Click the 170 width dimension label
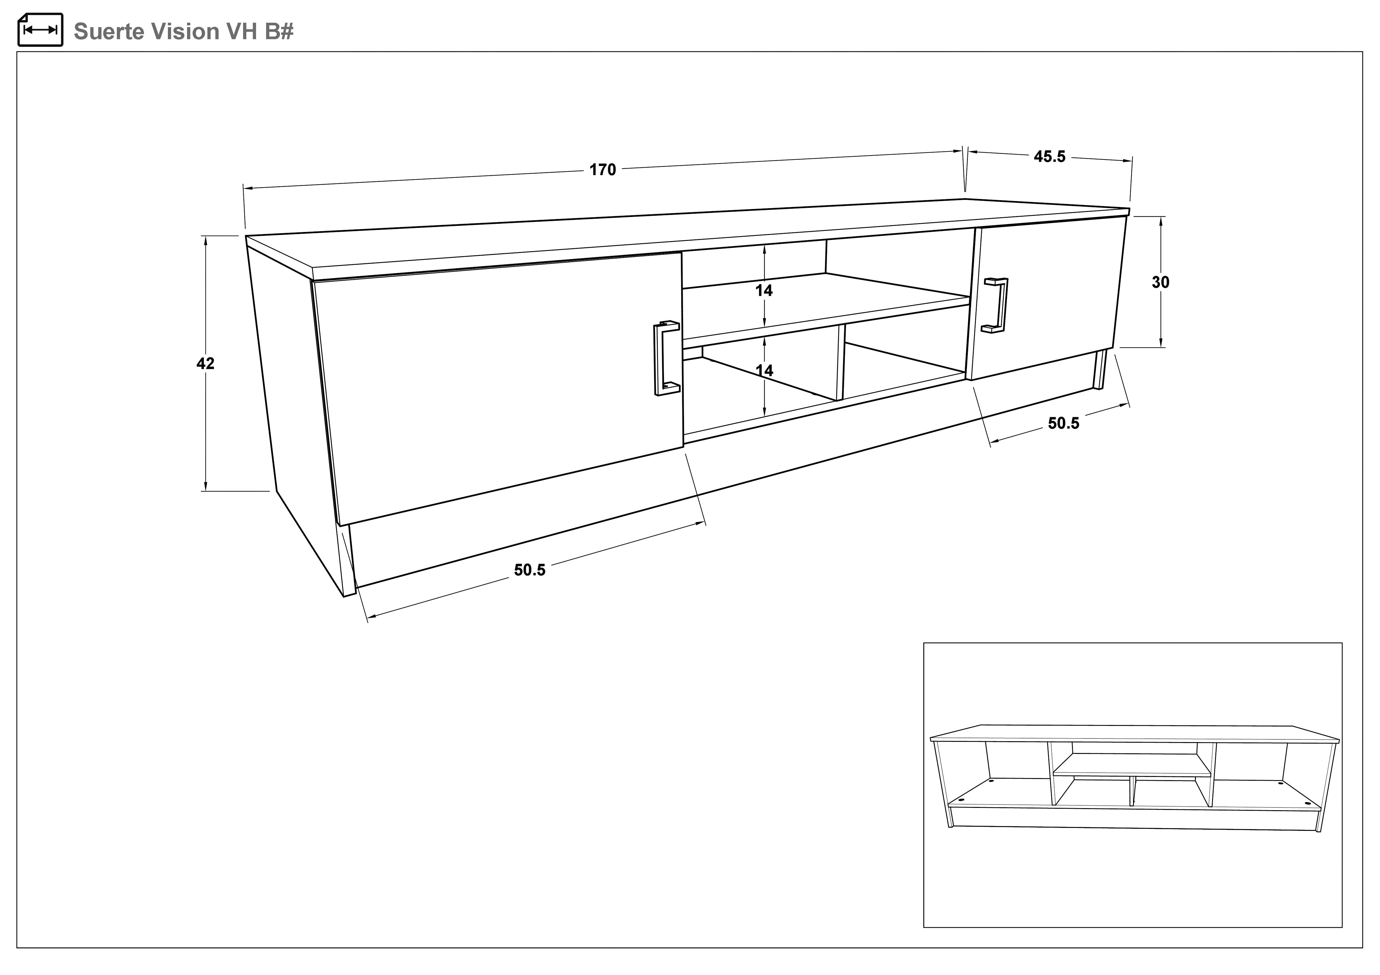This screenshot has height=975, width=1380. (602, 170)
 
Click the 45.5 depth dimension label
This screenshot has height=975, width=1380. (1050, 157)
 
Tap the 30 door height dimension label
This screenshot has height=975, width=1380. (1160, 282)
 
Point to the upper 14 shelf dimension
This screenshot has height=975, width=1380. (764, 291)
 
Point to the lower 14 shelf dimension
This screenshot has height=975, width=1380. (764, 371)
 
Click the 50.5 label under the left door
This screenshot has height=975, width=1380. (530, 570)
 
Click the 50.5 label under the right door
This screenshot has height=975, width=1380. (1063, 423)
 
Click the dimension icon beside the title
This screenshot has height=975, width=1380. (40, 30)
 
